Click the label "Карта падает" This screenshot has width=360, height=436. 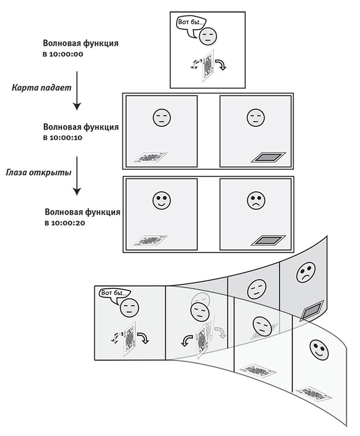[37, 87]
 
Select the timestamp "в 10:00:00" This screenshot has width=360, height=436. [63, 54]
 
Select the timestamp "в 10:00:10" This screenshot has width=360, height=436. [63, 138]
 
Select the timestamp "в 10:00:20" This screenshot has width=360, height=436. [63, 223]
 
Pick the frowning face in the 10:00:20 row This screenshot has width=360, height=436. [255, 200]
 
